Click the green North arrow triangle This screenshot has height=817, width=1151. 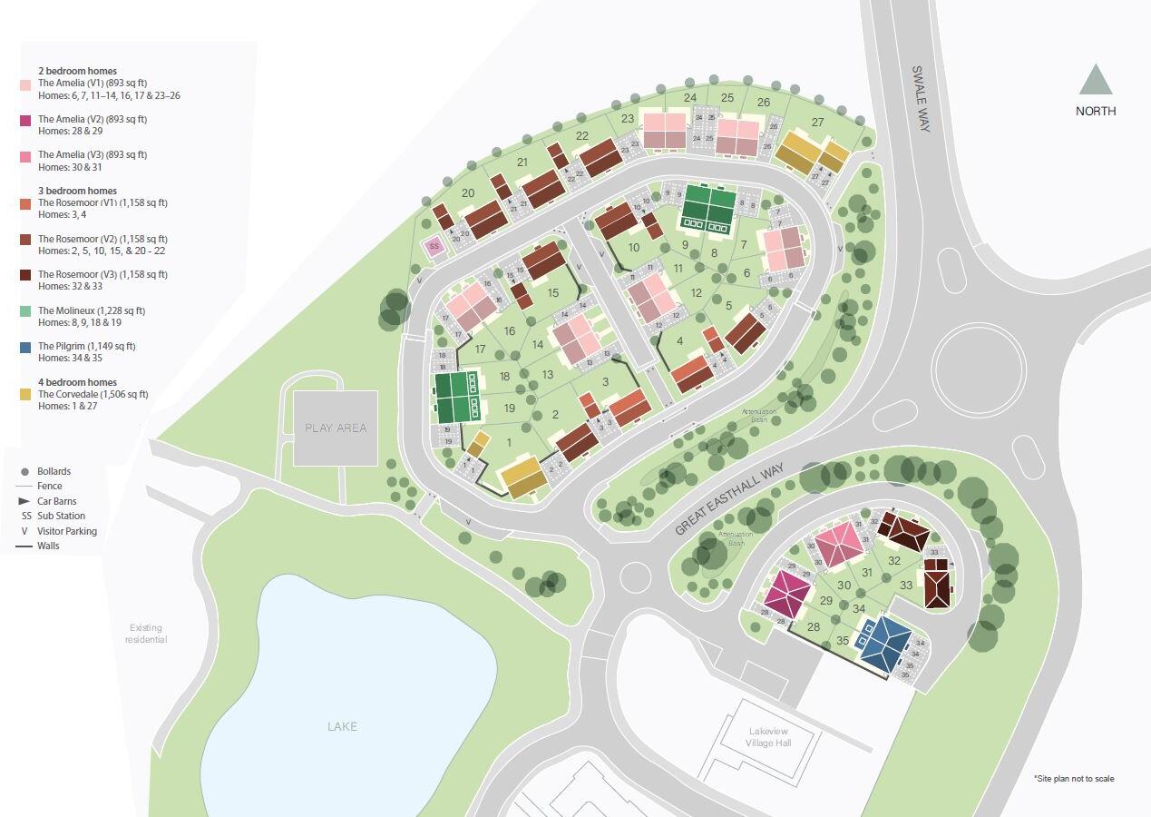1096,80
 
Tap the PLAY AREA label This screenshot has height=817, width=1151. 335,428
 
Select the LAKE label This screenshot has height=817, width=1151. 342,726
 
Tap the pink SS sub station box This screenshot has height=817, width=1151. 434,246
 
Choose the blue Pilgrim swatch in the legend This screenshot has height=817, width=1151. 25,347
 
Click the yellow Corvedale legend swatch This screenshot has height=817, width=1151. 25,395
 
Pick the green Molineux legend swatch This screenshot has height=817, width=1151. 25,311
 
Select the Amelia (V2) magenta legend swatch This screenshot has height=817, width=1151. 25,120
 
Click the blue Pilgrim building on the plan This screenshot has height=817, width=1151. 885,644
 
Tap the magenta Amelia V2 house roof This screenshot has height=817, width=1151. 786,594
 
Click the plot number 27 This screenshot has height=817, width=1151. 817,123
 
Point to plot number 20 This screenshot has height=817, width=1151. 468,192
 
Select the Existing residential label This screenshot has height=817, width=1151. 147,634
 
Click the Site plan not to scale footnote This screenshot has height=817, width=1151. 1074,779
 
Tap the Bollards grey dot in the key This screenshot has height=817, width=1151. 25,472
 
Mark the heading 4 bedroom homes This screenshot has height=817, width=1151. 77,382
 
